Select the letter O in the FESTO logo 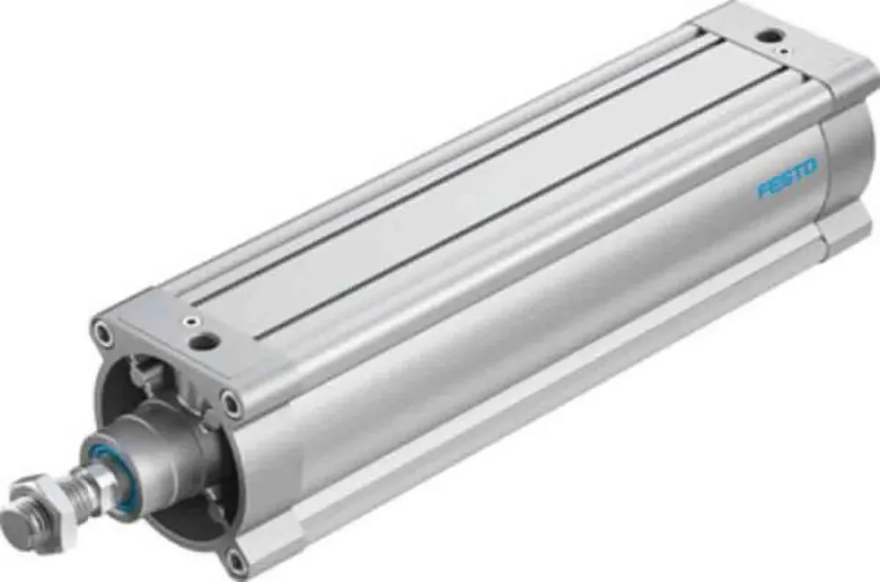pos(810,166)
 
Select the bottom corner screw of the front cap pos(233,557)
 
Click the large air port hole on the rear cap pos(772,36)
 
